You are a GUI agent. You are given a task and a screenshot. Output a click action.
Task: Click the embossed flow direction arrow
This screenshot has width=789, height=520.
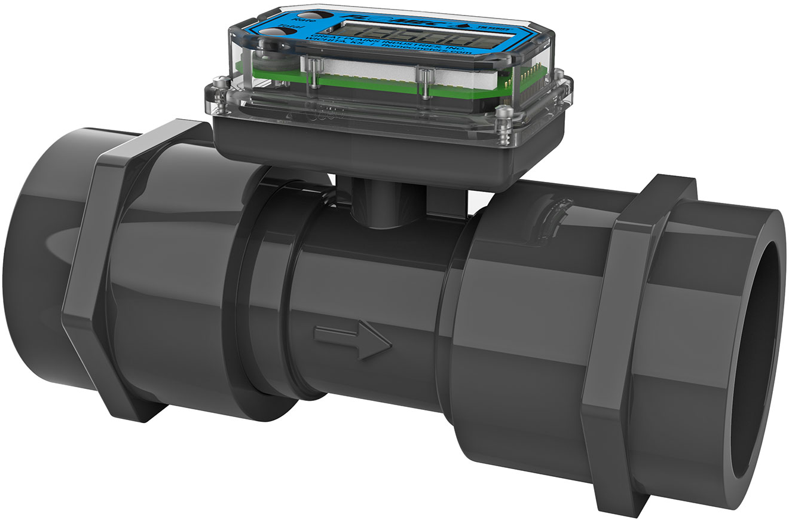tap(353, 342)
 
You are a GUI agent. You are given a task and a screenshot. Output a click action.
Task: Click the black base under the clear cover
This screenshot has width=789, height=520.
tap(383, 150)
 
